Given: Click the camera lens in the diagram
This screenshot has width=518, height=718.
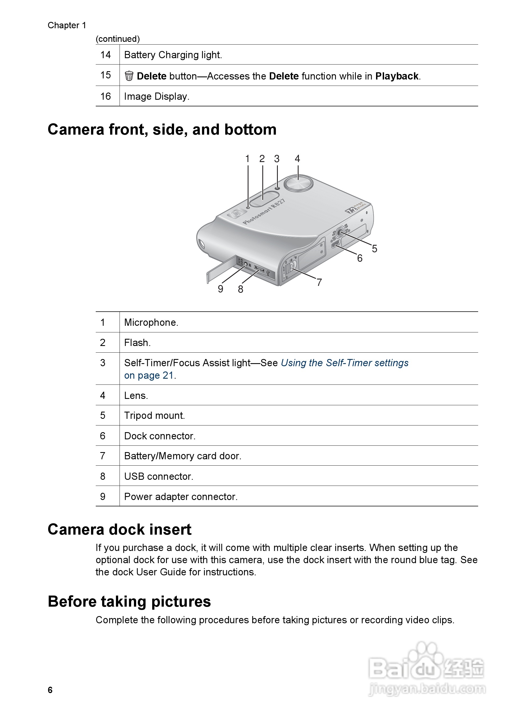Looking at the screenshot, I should coord(298,183).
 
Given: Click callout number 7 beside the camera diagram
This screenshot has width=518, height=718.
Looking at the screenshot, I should coord(319,282).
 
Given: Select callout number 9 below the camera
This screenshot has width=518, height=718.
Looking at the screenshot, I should coord(221,289).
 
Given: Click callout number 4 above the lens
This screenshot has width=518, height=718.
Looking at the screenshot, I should coord(297,159).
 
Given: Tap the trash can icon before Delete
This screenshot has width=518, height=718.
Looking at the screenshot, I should coord(129,76).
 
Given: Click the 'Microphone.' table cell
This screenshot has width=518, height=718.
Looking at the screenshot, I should coord(151,322).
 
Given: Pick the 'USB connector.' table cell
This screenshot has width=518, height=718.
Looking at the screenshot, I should coord(159,476).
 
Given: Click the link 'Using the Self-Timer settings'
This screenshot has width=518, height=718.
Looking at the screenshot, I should coord(345,363).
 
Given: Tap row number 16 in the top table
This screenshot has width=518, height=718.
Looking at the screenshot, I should coord(106,96).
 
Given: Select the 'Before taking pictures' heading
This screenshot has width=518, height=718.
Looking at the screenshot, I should coord(129,601).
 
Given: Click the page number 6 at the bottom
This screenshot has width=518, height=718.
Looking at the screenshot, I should coord(50,690).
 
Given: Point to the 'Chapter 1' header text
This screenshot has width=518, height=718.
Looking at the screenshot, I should coord(67,25).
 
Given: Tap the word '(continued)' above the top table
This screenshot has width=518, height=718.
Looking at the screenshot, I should coord(118,39).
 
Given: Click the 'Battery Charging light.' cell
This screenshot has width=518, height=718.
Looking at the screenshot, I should coord(173,55).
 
